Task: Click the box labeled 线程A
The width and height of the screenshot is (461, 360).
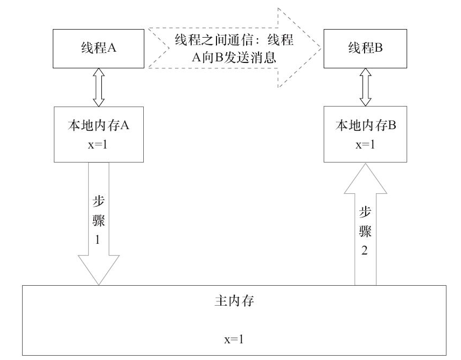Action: point(99,48)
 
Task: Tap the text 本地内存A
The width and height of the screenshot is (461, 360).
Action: point(99,125)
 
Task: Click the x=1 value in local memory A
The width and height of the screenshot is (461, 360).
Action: point(99,144)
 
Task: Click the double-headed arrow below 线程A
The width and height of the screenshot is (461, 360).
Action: point(98,87)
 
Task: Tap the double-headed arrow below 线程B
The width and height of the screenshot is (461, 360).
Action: point(366,87)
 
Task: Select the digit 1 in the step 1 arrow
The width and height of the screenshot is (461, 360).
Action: point(97,241)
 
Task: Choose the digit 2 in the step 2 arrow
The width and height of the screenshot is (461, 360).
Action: point(365,251)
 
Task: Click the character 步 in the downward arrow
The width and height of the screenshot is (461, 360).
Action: point(98,202)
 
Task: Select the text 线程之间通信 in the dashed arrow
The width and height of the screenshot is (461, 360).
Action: point(213,41)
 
